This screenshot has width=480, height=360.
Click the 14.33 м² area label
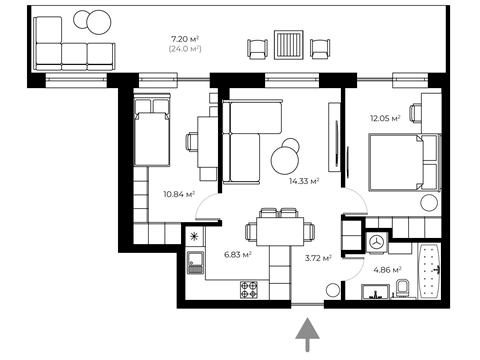pyautogui.click(x=304, y=181)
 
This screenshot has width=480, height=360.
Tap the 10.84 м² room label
pyautogui.click(x=179, y=194)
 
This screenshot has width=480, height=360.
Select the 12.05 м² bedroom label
pyautogui.click(x=385, y=118)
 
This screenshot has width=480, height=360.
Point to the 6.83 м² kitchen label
pyautogui.click(x=238, y=255)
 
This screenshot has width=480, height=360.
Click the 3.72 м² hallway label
pyautogui.click(x=318, y=258)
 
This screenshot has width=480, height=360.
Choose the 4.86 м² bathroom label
pyautogui.click(x=387, y=270)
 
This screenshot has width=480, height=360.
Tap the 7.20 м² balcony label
pyautogui.click(x=185, y=39)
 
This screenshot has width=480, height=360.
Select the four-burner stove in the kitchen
pyautogui.click(x=249, y=289)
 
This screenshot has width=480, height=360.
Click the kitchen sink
pyautogui.click(x=195, y=263)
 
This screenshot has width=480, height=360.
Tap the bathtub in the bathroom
pyautogui.click(x=429, y=271)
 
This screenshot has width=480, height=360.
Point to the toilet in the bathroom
pyautogui.click(x=403, y=288)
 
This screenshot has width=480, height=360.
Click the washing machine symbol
pyautogui.click(x=377, y=242)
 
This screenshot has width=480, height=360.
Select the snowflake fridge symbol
pyautogui.click(x=193, y=237)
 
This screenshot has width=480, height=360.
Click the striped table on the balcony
pyautogui.click(x=289, y=45)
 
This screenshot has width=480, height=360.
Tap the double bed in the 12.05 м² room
pyautogui.click(x=405, y=162)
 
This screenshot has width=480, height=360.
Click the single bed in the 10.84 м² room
pyautogui.click(x=152, y=130)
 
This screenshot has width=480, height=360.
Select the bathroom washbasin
pyautogui.click(x=376, y=292)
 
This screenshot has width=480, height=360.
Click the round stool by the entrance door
pyautogui.click(x=333, y=291)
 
